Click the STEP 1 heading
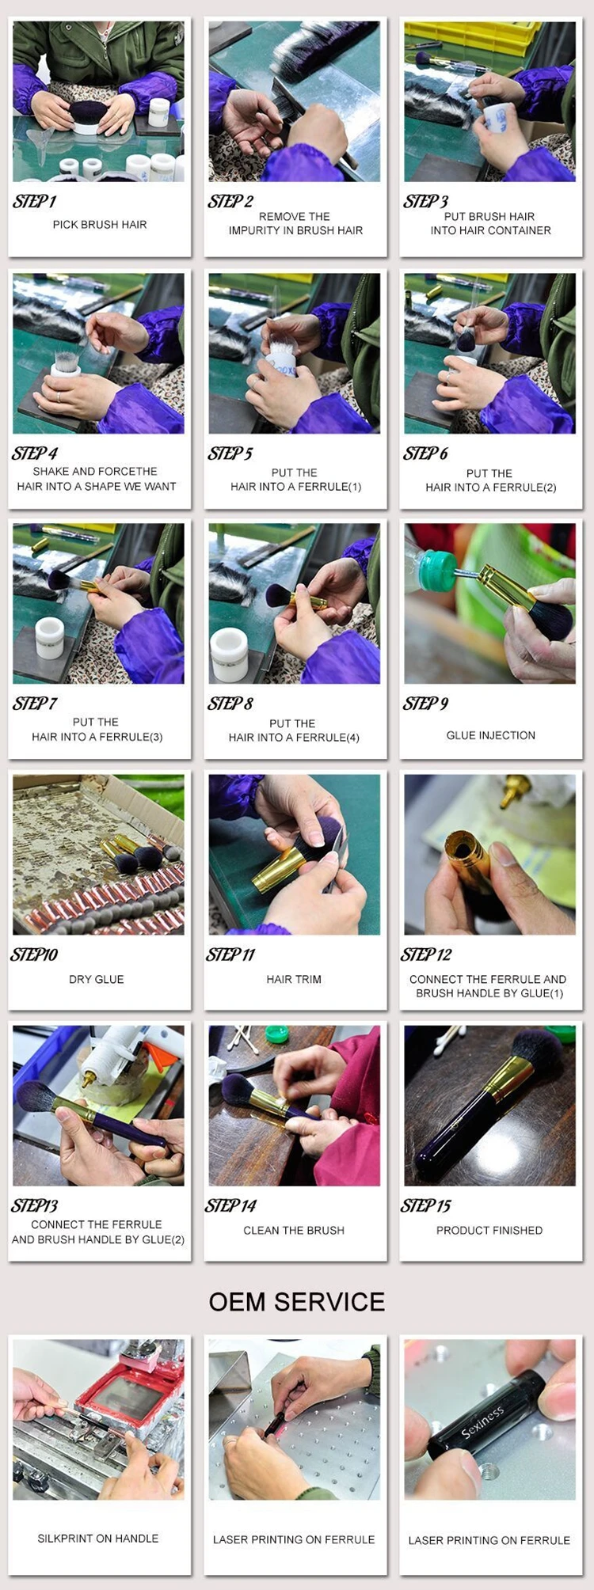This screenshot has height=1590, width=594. point(34,201)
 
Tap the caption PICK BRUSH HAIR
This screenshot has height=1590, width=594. point(100,225)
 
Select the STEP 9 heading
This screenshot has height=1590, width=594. point(425,704)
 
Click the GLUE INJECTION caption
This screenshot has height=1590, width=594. point(490,735)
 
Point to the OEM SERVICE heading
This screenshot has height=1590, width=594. point(297,1302)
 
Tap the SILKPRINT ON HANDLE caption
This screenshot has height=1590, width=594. point(98,1539)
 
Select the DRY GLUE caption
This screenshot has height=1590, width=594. point(97,979)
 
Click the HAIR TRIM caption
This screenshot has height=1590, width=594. point(294,979)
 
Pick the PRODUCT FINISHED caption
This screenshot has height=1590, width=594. point(489,1230)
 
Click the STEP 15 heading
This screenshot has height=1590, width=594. point(425,1205)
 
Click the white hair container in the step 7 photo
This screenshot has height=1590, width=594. point(49,638)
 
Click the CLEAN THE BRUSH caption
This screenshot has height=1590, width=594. point(294,1230)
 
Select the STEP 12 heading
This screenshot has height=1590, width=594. point(426,954)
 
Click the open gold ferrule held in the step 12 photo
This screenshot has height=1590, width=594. point(469,858)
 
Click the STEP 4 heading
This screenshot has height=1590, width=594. point(35,453)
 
